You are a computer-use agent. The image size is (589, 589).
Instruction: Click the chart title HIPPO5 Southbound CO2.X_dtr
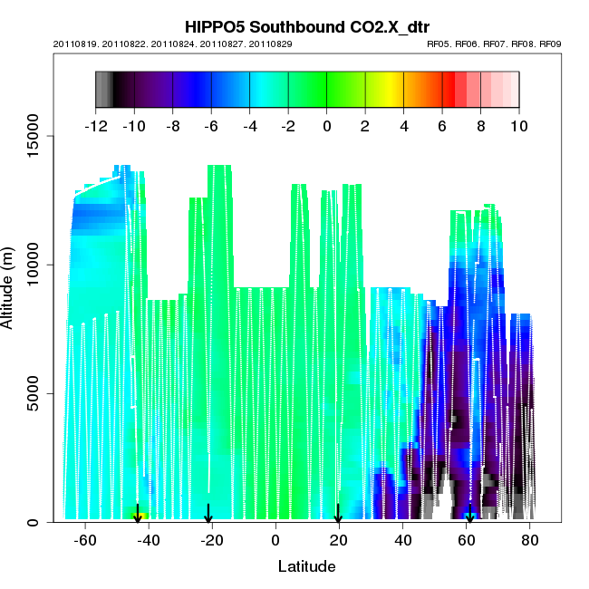tap(306, 26)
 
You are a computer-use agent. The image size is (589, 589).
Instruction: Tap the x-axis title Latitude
tap(305, 566)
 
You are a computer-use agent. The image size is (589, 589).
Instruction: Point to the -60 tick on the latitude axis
tap(85, 541)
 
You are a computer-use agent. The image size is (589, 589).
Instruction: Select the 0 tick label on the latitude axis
tap(275, 541)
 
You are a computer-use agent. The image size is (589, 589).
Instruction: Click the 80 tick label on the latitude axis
tap(530, 541)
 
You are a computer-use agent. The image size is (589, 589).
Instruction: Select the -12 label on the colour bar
tap(95, 126)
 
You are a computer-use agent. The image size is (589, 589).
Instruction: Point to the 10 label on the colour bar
tap(518, 126)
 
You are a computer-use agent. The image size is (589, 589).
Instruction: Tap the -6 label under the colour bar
tap(211, 126)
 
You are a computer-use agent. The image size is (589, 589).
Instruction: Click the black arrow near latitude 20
tap(338, 514)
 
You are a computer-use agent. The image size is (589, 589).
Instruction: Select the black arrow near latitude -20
tap(208, 514)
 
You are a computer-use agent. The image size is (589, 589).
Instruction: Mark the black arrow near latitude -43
tap(138, 514)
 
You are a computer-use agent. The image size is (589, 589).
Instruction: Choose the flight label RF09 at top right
tap(551, 43)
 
